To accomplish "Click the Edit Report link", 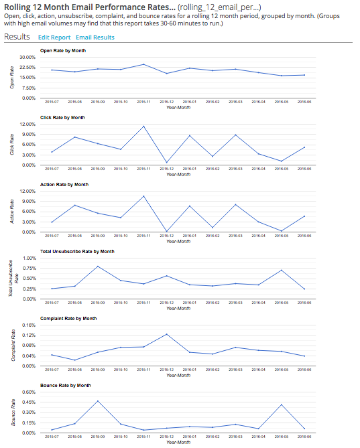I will point(54,38).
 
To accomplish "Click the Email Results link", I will point(95,38).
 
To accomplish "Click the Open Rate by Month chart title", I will point(63,50).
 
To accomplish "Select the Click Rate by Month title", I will point(63,117).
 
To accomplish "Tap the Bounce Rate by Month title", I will point(65,385).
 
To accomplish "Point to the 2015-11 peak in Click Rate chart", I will point(143,126).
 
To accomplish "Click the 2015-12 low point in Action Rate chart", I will point(166,231).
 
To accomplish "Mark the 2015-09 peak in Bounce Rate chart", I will point(98,400).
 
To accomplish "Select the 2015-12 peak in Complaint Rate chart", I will point(166,333).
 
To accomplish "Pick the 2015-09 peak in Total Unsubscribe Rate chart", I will point(98,266).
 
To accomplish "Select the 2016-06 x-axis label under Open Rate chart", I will point(304,102).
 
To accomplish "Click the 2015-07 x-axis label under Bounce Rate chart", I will point(52,437).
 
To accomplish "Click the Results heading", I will point(17,37).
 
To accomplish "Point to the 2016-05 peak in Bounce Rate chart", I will point(282,404).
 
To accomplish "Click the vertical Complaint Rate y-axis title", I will point(13,346).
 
